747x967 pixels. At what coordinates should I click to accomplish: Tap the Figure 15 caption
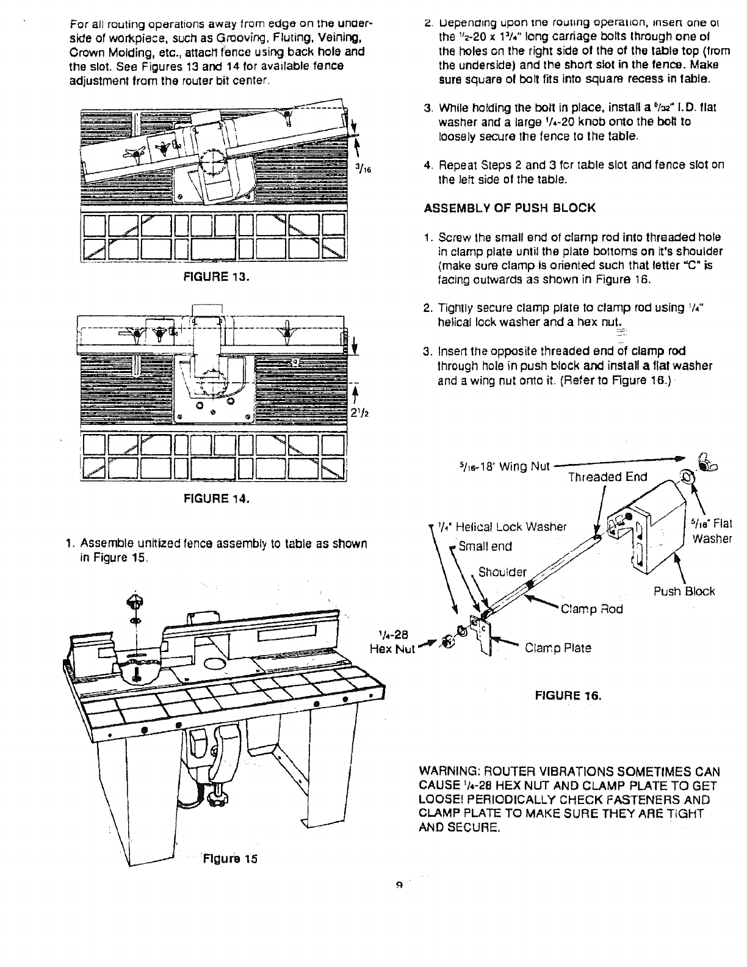point(229,858)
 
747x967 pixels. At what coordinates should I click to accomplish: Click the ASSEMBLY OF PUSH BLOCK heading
point(509,208)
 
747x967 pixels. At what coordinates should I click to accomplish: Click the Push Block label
point(684,591)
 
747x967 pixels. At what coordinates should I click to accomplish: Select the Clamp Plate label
point(558,648)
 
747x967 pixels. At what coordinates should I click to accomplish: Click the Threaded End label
point(607,477)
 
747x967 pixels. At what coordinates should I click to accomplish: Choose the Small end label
point(485,546)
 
